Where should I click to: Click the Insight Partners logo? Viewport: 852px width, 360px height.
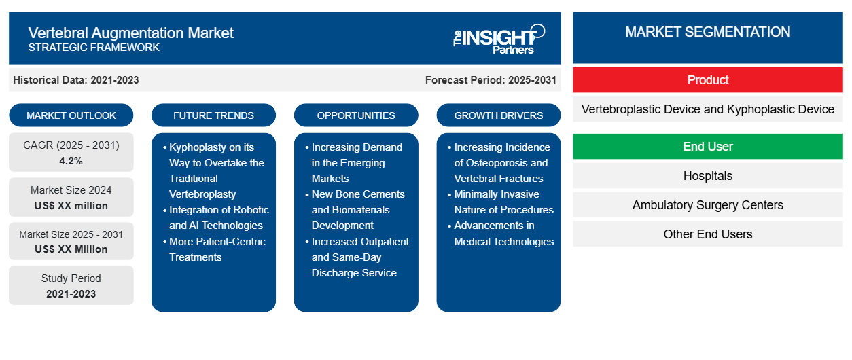click(x=499, y=38)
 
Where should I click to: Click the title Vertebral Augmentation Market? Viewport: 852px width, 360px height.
click(x=130, y=33)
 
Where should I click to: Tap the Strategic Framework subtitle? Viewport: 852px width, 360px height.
click(x=94, y=48)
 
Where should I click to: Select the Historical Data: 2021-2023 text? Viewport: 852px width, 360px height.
click(x=76, y=80)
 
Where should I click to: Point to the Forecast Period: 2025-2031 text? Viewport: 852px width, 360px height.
click(x=491, y=80)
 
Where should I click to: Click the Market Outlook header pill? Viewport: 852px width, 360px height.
click(x=71, y=115)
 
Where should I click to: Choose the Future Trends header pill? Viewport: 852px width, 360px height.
click(x=213, y=115)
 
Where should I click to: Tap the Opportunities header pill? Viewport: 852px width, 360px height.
click(x=356, y=115)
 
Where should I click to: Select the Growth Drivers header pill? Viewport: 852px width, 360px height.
click(x=499, y=115)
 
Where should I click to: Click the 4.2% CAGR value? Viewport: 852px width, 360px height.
click(x=71, y=161)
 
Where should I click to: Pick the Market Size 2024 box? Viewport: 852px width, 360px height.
click(x=71, y=198)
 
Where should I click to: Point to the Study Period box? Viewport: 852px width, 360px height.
click(x=71, y=285)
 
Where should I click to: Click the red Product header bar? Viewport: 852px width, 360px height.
click(x=707, y=80)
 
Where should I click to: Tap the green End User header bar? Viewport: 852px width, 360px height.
click(x=707, y=147)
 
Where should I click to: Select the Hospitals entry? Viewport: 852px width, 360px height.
click(x=707, y=176)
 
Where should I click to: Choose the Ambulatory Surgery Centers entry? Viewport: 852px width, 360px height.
click(x=707, y=205)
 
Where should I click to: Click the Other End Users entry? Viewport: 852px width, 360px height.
click(x=707, y=234)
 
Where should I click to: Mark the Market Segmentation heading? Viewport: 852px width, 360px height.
click(x=707, y=32)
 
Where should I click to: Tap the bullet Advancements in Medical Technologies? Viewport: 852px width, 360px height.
click(x=503, y=234)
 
